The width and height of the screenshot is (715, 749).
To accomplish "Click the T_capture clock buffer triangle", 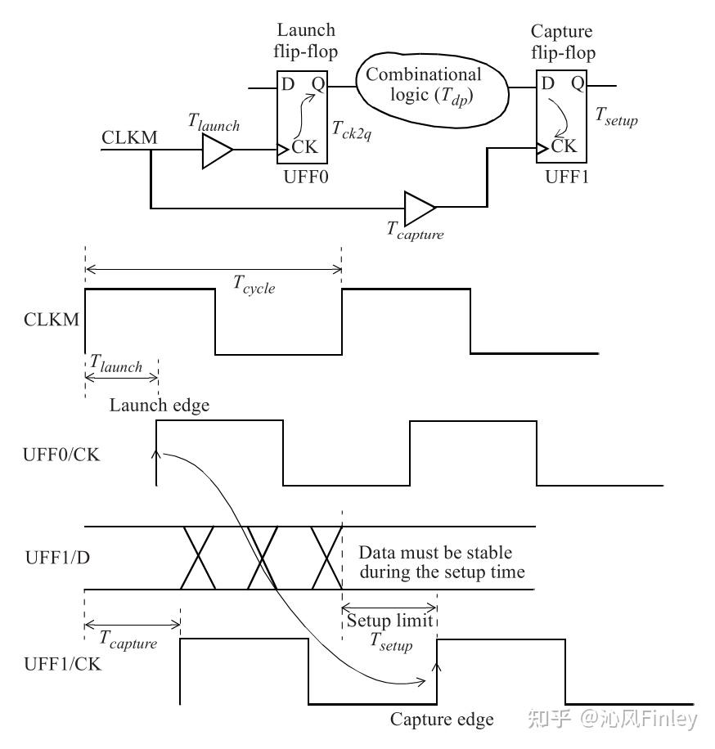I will (420, 209).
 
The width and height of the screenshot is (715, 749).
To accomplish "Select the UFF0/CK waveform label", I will (61, 453).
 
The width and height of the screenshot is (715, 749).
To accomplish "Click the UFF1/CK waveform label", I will (61, 664).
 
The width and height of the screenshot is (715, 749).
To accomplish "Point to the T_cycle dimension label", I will (254, 285).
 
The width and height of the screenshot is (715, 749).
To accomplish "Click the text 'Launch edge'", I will (160, 405).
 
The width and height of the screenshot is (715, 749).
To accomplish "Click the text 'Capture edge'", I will (442, 720).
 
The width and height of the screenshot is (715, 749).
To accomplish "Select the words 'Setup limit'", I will (389, 620).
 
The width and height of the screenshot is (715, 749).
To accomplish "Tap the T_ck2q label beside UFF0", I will (352, 129).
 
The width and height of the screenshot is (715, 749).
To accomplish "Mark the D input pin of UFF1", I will (547, 83).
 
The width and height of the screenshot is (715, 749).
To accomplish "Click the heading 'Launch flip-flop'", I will (304, 41).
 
